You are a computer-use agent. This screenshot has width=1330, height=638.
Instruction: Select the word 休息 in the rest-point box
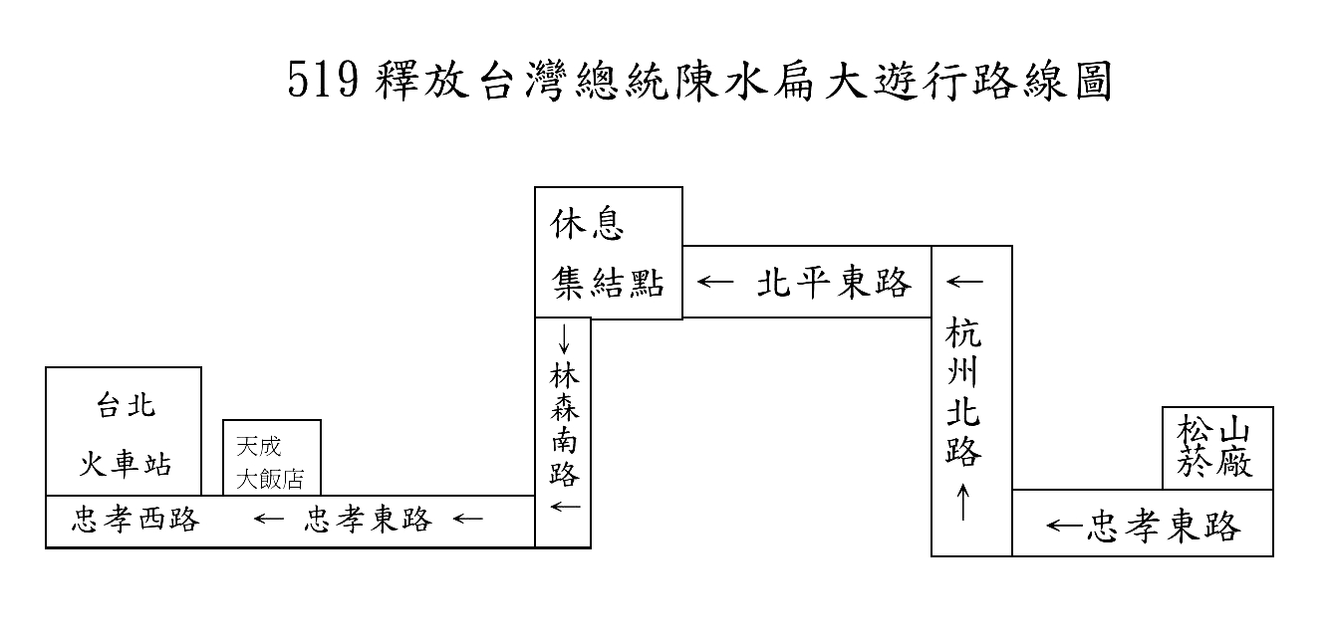click(x=587, y=224)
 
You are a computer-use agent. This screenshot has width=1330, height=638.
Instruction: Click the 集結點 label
click(x=608, y=283)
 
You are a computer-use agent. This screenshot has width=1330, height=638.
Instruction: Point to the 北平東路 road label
click(x=834, y=283)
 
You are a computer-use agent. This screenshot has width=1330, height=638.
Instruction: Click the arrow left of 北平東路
click(x=715, y=282)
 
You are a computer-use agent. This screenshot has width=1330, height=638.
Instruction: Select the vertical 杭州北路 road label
click(x=963, y=392)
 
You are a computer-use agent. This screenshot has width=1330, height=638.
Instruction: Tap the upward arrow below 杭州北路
click(x=963, y=503)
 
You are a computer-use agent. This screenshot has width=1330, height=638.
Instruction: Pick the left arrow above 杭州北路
click(x=964, y=282)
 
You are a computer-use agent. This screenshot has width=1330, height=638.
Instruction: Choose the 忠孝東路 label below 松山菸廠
click(x=1164, y=526)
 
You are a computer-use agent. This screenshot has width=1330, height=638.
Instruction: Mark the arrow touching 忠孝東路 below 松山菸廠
click(x=1066, y=526)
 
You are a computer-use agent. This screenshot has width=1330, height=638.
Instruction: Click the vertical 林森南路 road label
click(x=564, y=425)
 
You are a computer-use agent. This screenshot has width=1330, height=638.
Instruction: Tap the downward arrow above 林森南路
click(x=564, y=338)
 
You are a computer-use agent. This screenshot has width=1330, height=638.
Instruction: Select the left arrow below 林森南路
click(x=565, y=507)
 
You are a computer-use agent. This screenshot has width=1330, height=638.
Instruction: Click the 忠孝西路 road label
click(x=135, y=520)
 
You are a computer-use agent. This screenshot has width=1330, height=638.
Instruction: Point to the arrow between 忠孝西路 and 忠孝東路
click(x=269, y=520)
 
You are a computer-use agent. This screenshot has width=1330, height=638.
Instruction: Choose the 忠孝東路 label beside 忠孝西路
click(x=369, y=520)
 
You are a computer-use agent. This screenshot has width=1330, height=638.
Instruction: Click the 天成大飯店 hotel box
click(x=272, y=457)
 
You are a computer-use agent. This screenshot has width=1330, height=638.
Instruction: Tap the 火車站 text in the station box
click(x=126, y=464)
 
